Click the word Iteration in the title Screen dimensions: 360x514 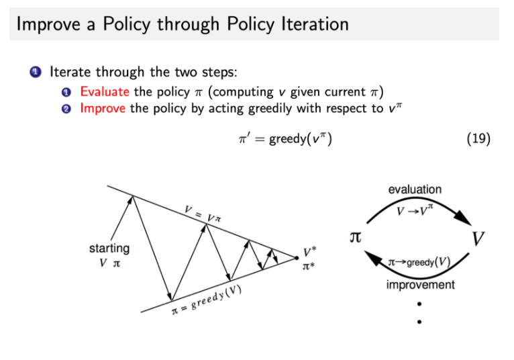click(x=311, y=25)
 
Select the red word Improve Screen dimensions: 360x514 click(x=103, y=107)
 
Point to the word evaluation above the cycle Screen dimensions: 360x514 click(x=415, y=189)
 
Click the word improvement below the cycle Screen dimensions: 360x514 click(x=419, y=285)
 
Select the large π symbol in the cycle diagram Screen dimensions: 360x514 click(x=356, y=238)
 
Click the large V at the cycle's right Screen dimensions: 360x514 click(x=478, y=238)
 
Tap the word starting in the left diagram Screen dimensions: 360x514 click(x=109, y=249)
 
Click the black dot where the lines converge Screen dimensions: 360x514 click(x=296, y=257)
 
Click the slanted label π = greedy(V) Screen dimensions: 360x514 click(x=205, y=300)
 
